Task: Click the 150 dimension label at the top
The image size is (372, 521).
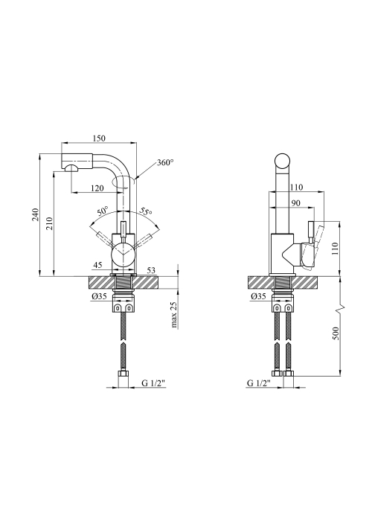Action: pos(99,138)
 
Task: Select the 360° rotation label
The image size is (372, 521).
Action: pos(165,162)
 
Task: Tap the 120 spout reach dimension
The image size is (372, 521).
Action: pos(97,188)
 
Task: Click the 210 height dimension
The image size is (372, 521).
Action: pos(49,223)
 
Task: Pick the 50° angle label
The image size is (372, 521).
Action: pos(103,211)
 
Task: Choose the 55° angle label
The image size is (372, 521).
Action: pos(146,211)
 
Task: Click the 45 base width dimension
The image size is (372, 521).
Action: pos(97,265)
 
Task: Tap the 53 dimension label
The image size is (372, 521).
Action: pos(151,270)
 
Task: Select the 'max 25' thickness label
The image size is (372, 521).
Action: pos(174,315)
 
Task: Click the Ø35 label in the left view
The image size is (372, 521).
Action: pos(99,296)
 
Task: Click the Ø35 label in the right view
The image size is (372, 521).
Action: pos(259,296)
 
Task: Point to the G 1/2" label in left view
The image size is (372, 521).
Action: pos(153,383)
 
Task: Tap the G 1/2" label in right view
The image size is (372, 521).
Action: pos(259,383)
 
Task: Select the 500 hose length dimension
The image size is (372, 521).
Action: pos(335,333)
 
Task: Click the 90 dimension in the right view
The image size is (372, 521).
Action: pos(295,203)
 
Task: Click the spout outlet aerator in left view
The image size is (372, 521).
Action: pos(71,167)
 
